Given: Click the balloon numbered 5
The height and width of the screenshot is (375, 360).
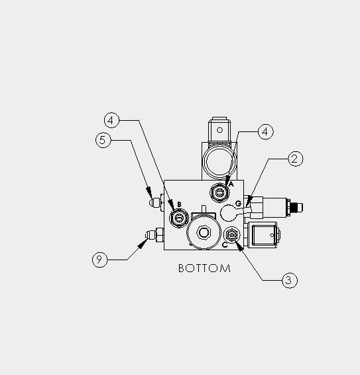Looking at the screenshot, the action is tap(103, 140).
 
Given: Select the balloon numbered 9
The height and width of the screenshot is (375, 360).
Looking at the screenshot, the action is tap(100, 260).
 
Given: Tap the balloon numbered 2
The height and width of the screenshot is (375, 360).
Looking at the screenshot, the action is tap(296, 159).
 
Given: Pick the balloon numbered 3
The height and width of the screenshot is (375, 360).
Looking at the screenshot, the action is tap(290, 280).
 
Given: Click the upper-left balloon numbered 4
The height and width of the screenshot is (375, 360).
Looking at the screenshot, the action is tap(112, 120).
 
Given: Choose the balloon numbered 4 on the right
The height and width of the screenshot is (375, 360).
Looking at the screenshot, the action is tap(266, 131).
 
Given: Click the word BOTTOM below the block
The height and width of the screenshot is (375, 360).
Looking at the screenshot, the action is tap(204, 268).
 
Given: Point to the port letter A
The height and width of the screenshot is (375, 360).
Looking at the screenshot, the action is tap(231, 184).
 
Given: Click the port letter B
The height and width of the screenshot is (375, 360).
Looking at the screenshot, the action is tap(179, 204).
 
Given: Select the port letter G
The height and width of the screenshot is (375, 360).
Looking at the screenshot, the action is tap(238, 204).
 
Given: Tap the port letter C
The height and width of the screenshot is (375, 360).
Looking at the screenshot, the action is tap(225, 245).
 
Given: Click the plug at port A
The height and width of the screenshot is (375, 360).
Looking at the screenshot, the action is tap(219, 192).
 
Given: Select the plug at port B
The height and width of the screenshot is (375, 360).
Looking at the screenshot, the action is tap(179, 218).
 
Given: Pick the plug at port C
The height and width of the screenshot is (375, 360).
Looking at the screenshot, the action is tap(231, 235).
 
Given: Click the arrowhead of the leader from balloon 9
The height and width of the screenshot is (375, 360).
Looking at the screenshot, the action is tap(143, 244).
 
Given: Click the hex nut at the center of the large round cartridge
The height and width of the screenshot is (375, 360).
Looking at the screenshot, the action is tap(204, 232).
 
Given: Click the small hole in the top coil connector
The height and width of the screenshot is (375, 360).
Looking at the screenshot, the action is tap(219, 130).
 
